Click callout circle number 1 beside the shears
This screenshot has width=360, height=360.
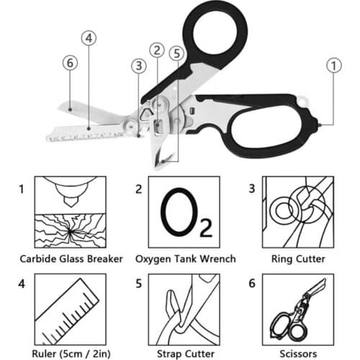[x=333, y=66]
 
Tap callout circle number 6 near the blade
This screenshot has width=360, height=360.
[x=69, y=63]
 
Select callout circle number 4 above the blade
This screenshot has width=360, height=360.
[x=89, y=37]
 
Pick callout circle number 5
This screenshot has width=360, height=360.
[x=176, y=52]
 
